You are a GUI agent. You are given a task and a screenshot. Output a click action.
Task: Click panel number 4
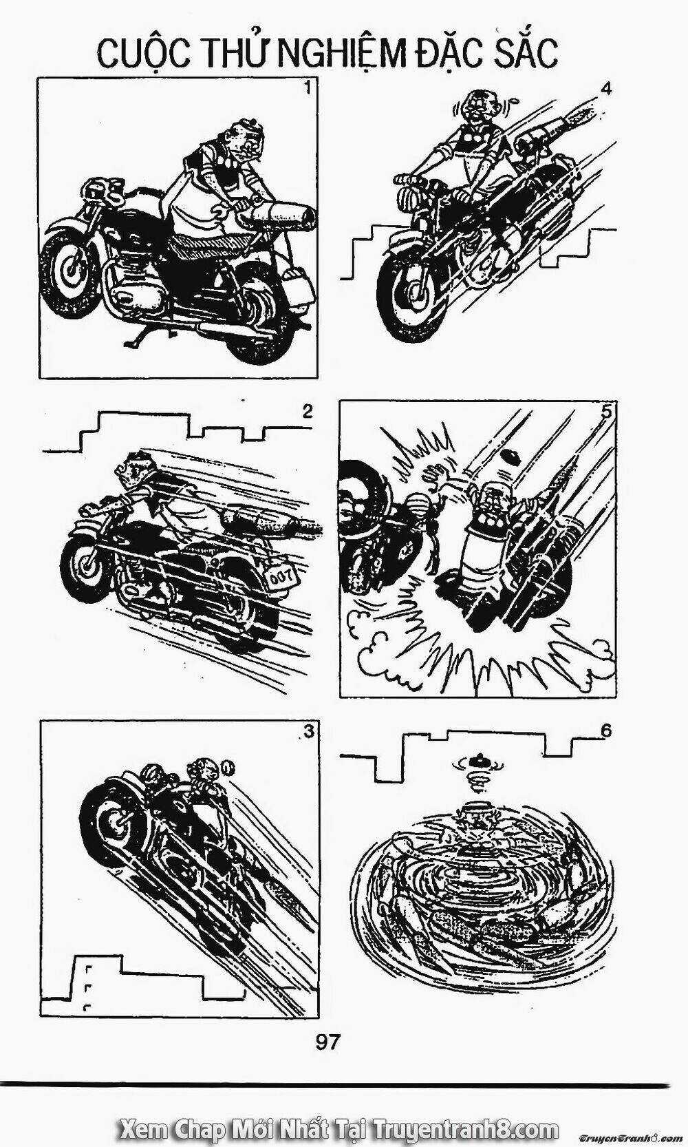point(605,89)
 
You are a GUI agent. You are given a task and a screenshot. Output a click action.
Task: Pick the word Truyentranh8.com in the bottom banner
point(466,1126)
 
